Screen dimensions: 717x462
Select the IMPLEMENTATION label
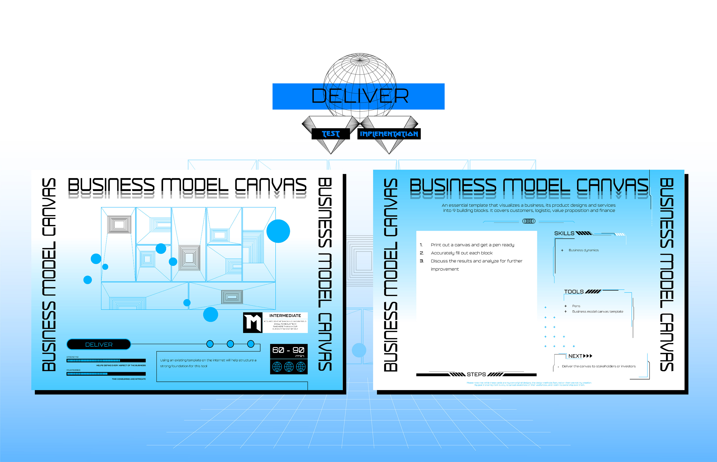point(389,134)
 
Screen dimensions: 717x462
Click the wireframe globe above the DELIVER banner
point(359,69)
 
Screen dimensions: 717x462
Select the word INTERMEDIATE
point(285,316)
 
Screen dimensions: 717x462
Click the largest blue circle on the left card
point(278,231)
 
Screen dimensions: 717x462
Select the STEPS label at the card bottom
point(476,374)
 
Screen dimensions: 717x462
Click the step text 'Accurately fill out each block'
point(462,253)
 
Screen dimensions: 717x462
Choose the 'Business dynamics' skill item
point(583,250)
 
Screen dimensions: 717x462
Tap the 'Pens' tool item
point(576,306)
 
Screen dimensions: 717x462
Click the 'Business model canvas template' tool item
point(597,312)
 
